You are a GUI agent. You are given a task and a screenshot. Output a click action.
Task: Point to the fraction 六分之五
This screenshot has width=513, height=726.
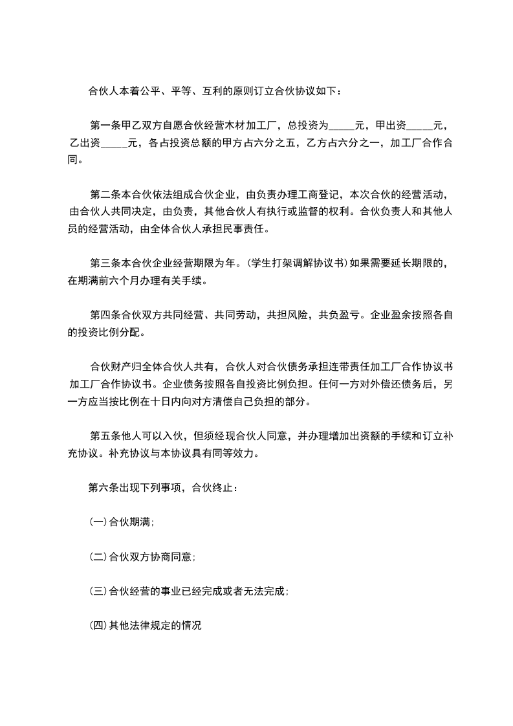click(275, 142)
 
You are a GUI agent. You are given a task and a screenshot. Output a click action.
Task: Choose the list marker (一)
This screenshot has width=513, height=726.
click(97, 523)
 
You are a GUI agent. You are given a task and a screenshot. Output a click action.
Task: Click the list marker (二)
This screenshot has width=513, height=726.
click(97, 558)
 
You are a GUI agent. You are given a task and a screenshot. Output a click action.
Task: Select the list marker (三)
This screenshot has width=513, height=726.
click(97, 592)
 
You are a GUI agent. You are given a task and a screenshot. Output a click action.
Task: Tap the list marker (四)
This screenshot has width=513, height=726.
click(97, 626)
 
